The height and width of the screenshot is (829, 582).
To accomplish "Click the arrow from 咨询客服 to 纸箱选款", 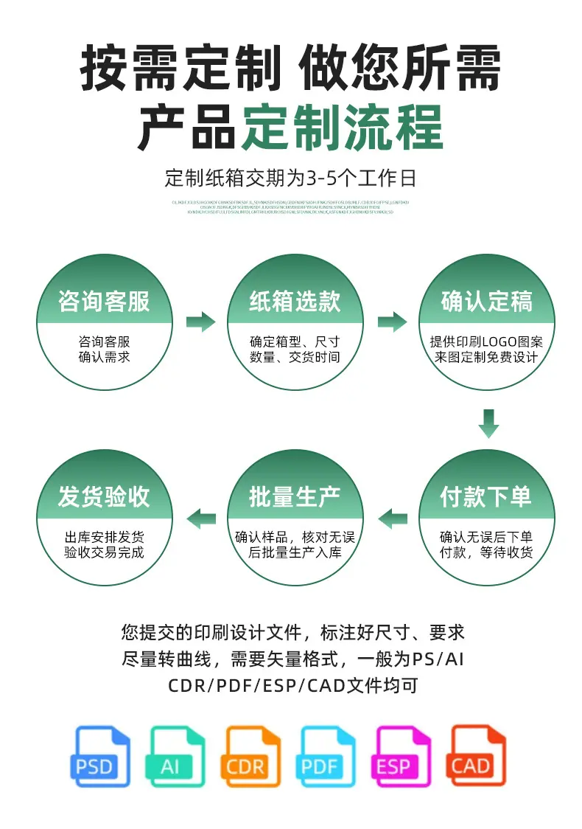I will (x=200, y=322).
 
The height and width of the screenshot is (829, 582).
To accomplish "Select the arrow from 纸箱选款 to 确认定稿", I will (x=392, y=322).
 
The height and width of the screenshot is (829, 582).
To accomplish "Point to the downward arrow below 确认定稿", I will (x=488, y=423).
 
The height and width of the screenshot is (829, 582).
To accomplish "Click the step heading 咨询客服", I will (x=104, y=301).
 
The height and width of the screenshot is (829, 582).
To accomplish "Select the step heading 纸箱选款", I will (x=295, y=301).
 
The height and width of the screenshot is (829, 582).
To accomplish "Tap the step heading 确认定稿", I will (x=486, y=301).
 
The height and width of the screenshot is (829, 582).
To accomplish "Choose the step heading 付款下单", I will (x=486, y=496).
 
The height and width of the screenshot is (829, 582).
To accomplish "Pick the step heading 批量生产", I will (x=295, y=496).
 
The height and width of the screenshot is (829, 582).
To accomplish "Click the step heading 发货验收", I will (x=104, y=496).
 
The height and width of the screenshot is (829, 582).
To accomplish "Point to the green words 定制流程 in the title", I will (x=343, y=127).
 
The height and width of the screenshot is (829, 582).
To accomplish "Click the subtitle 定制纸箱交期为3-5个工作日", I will (x=291, y=178).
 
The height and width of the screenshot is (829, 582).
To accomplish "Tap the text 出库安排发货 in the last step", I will (x=104, y=536).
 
